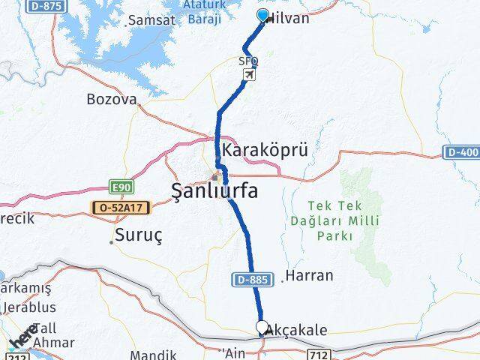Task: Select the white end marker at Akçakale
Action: (262, 327)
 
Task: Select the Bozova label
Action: (112, 99)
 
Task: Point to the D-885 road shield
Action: (246, 280)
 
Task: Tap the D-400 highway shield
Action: (463, 152)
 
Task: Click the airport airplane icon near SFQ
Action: (250, 74)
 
